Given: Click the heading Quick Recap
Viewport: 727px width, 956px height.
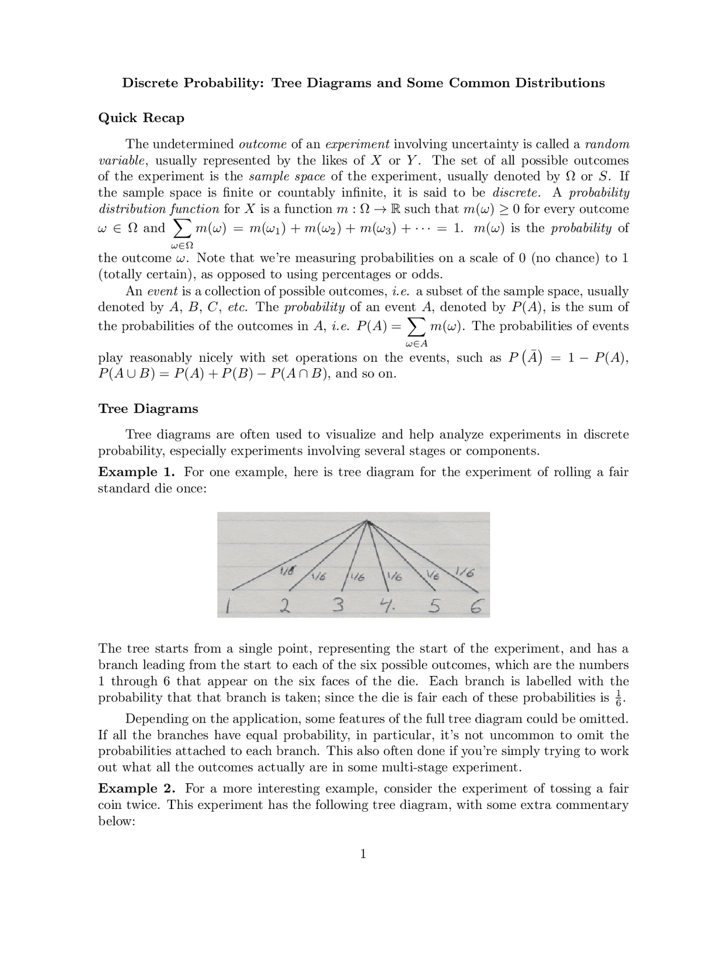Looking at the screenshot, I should pos(141,118).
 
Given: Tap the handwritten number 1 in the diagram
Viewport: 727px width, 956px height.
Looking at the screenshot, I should pos(227,608).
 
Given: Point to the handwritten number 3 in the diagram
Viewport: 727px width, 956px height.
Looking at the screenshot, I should pos(338,606).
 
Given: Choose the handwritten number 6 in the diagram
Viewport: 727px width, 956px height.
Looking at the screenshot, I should pos(477,608).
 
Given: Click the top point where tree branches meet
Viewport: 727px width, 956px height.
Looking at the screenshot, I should pos(368,522).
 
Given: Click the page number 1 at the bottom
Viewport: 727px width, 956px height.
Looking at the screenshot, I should pos(363,854).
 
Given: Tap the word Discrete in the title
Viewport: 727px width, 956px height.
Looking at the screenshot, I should pos(149,83).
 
